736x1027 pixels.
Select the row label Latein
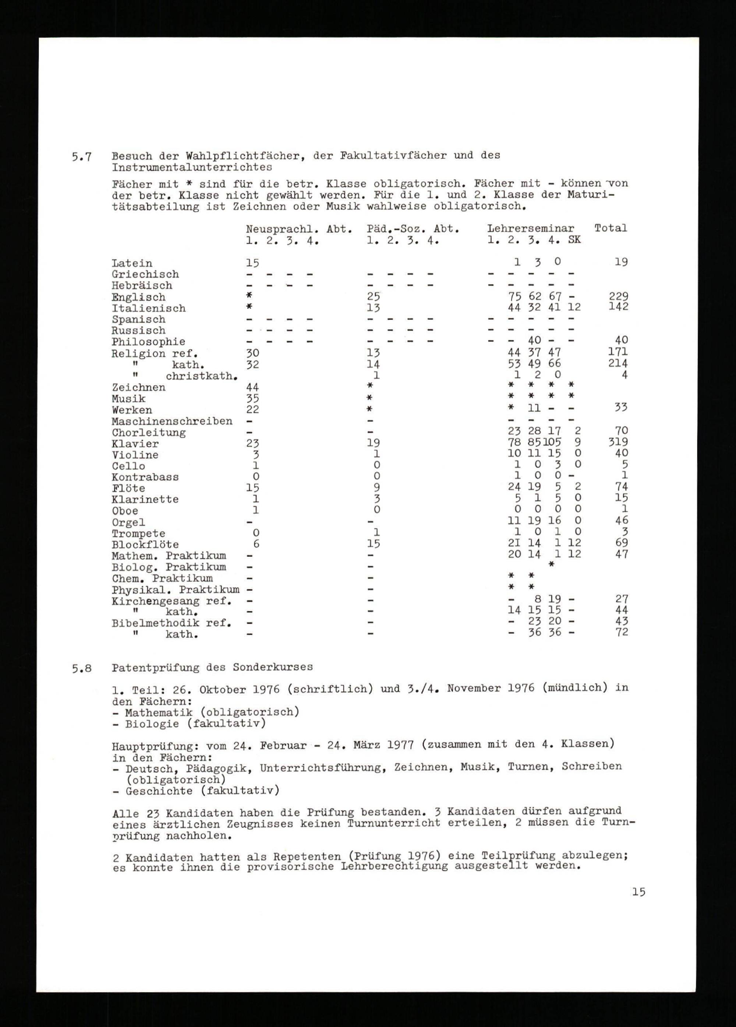click(x=132, y=263)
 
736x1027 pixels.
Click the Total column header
click(x=611, y=228)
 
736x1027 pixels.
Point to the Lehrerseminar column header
click(x=531, y=229)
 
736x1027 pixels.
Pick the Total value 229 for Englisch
click(x=618, y=296)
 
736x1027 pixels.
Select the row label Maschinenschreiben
click(x=172, y=421)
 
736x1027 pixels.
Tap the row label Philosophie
click(x=148, y=342)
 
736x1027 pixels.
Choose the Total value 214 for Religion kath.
click(x=618, y=363)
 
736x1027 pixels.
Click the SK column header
click(x=574, y=240)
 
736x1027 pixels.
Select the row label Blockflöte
click(x=145, y=544)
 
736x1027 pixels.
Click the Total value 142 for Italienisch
click(x=618, y=307)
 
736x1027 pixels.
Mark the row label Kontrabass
click(x=145, y=477)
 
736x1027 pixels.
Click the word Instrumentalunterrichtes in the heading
click(x=192, y=167)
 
